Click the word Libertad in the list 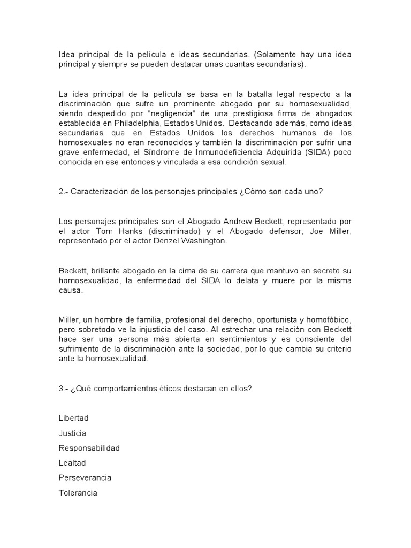pyautogui.click(x=73, y=418)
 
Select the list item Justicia pyautogui.click(x=72, y=433)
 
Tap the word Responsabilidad pyautogui.click(x=89, y=448)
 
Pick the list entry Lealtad pyautogui.click(x=72, y=463)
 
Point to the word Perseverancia pyautogui.click(x=85, y=477)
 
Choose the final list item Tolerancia pyautogui.click(x=78, y=492)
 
